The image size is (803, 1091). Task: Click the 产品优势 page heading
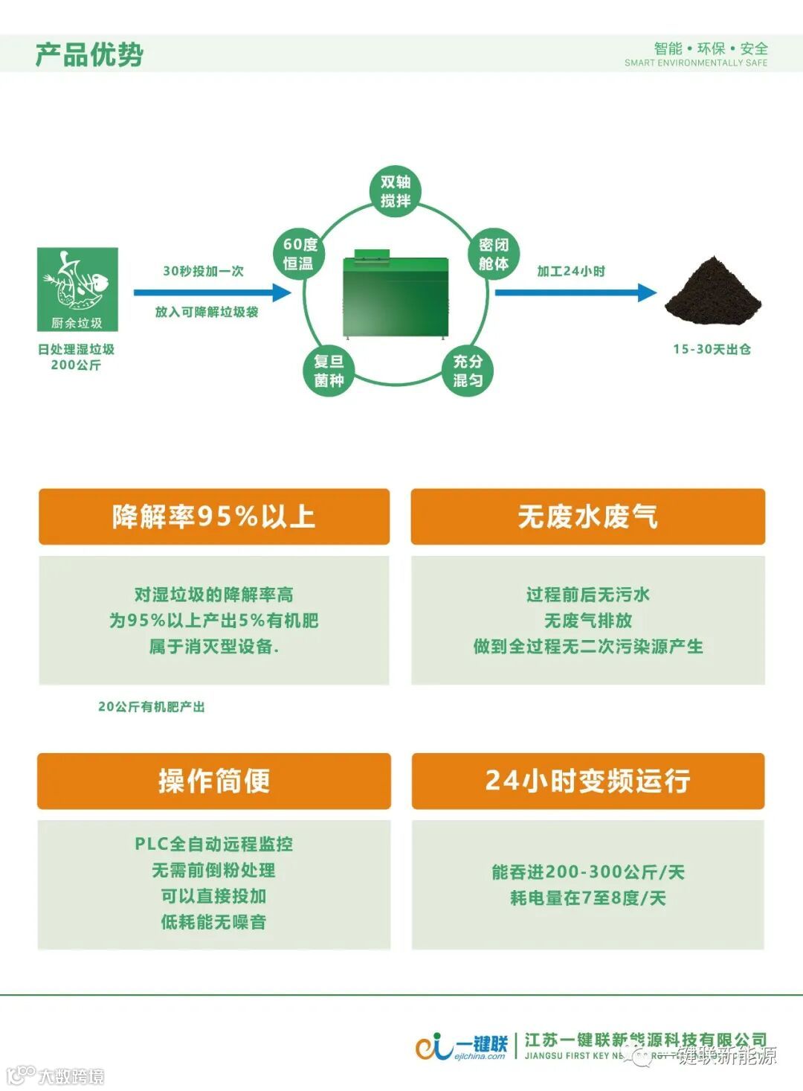point(89,54)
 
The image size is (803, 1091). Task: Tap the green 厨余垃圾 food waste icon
point(77,289)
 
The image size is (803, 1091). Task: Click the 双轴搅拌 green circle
point(396,191)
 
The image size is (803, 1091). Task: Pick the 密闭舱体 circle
point(493,254)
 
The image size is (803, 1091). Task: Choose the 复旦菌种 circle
point(328,371)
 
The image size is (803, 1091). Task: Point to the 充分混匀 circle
point(468,371)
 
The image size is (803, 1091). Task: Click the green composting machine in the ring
point(395,295)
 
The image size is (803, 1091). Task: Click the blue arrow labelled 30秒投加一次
point(213,292)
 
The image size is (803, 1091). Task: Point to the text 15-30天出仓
point(712,349)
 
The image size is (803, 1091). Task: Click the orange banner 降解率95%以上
point(214,516)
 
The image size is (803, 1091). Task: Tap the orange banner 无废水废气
point(587,516)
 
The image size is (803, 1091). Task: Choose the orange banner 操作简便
point(214,781)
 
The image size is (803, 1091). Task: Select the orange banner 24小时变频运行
point(587,781)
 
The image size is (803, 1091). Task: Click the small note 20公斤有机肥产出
point(152,706)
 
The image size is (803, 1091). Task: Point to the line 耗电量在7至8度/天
point(587,898)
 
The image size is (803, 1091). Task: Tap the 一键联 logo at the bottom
point(462,1045)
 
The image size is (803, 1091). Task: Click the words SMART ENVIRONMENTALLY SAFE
point(696,63)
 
